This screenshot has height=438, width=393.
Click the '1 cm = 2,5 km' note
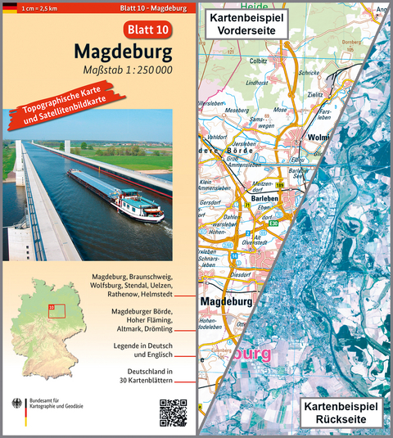[42, 8]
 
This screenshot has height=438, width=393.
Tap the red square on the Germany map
[56, 309]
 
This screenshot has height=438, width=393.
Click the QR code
[173, 411]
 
